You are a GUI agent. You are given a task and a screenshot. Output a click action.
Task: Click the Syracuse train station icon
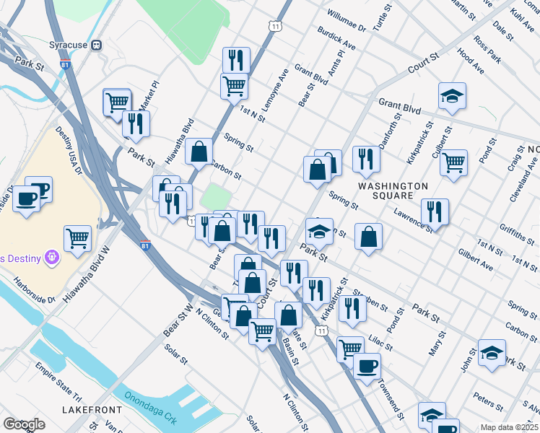pyautogui.click(x=97, y=45)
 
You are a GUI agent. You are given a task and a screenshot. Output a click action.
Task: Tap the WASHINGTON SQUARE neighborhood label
pyautogui.click(x=393, y=191)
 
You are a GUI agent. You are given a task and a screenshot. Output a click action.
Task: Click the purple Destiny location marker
pyautogui.click(x=51, y=256)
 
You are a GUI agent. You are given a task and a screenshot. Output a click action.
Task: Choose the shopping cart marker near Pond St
pyautogui.click(x=454, y=163)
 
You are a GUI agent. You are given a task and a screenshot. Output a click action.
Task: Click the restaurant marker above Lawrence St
pyautogui.click(x=435, y=211)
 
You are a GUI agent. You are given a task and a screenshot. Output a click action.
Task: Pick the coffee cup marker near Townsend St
pyautogui.click(x=367, y=366)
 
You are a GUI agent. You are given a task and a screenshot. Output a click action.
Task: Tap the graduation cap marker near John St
pyautogui.click(x=492, y=353)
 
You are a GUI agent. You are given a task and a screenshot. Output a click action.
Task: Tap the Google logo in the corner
pyautogui.click(x=24, y=424)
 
